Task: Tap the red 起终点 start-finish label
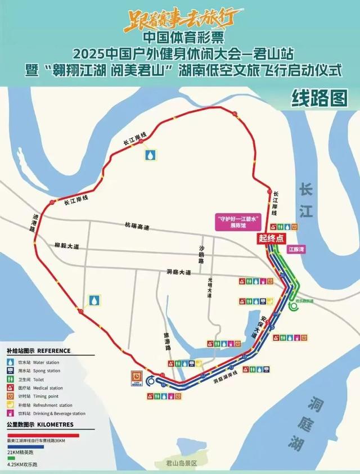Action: click(x=270, y=238)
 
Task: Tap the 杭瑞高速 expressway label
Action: click(x=137, y=226)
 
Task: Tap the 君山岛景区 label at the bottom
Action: click(x=178, y=463)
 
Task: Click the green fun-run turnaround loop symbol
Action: click(x=294, y=306)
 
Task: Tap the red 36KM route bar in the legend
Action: click(x=43, y=435)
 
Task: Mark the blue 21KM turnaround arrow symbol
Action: click(x=151, y=381)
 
